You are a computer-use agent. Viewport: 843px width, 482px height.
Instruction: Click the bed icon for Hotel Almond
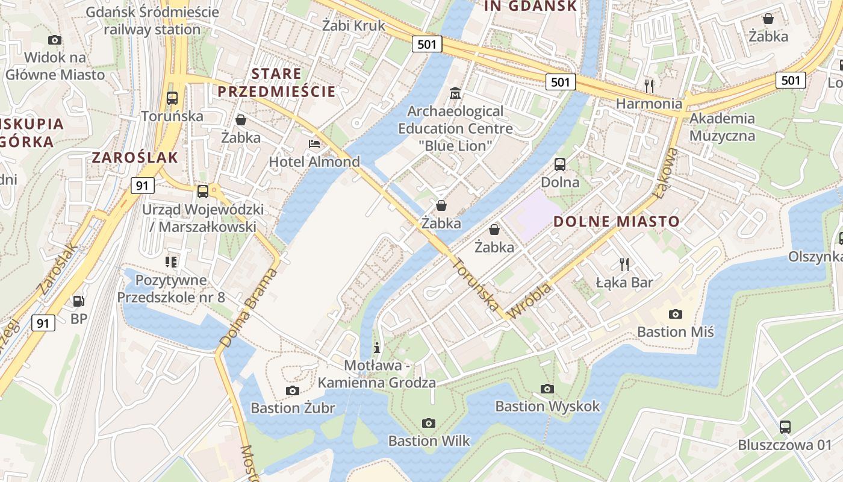314,144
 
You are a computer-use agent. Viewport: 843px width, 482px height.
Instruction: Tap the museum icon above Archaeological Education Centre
455,93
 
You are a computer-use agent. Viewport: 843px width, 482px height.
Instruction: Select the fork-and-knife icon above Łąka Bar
624,264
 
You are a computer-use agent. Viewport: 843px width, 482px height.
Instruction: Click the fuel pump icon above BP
78,301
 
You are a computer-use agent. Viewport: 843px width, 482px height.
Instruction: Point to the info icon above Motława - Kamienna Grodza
377,348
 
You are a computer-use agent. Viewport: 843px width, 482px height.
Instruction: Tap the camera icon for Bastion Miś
676,314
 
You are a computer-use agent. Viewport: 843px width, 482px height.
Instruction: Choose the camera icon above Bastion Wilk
428,423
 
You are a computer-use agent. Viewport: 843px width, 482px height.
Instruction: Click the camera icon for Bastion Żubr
293,390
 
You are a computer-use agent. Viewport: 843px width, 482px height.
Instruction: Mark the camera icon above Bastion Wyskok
547,389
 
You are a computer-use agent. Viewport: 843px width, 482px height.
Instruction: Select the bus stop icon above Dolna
560,164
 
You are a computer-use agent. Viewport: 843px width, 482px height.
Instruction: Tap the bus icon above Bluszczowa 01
785,427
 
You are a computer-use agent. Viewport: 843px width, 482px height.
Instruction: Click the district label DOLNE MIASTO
616,221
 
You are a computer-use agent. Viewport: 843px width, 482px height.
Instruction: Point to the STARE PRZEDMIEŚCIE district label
276,83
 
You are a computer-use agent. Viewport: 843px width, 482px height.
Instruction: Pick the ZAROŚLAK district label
135,158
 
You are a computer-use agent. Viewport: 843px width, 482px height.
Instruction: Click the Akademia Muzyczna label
722,127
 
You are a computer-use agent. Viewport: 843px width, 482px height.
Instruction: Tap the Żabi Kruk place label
353,25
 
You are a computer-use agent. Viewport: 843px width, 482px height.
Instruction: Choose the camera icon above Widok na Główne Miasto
55,40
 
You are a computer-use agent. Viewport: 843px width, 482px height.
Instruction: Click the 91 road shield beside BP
43,323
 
